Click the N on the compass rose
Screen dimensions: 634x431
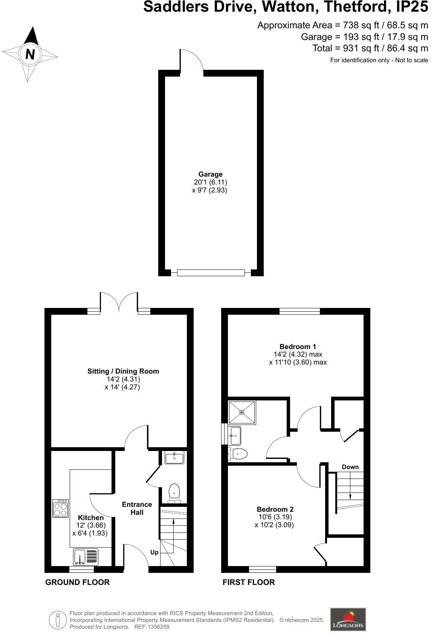point(30,54)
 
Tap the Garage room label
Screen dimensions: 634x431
point(210,174)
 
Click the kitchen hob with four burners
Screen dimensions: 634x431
point(60,508)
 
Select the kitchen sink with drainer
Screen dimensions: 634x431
point(86,557)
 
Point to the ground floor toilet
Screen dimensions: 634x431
point(174,493)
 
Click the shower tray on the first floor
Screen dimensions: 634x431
point(242,412)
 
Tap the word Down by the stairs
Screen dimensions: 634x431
point(350,467)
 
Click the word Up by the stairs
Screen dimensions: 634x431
point(154,552)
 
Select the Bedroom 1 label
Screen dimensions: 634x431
point(298,346)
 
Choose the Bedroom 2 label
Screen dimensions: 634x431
point(275,509)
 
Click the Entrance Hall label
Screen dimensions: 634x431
point(137,508)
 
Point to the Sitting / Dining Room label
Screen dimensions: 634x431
point(123,371)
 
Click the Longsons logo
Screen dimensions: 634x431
point(348,619)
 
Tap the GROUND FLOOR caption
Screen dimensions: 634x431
point(77,582)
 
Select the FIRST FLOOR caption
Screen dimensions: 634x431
point(249,582)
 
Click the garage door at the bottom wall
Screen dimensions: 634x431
point(211,273)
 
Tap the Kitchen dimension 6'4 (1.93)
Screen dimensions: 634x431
point(90,533)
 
